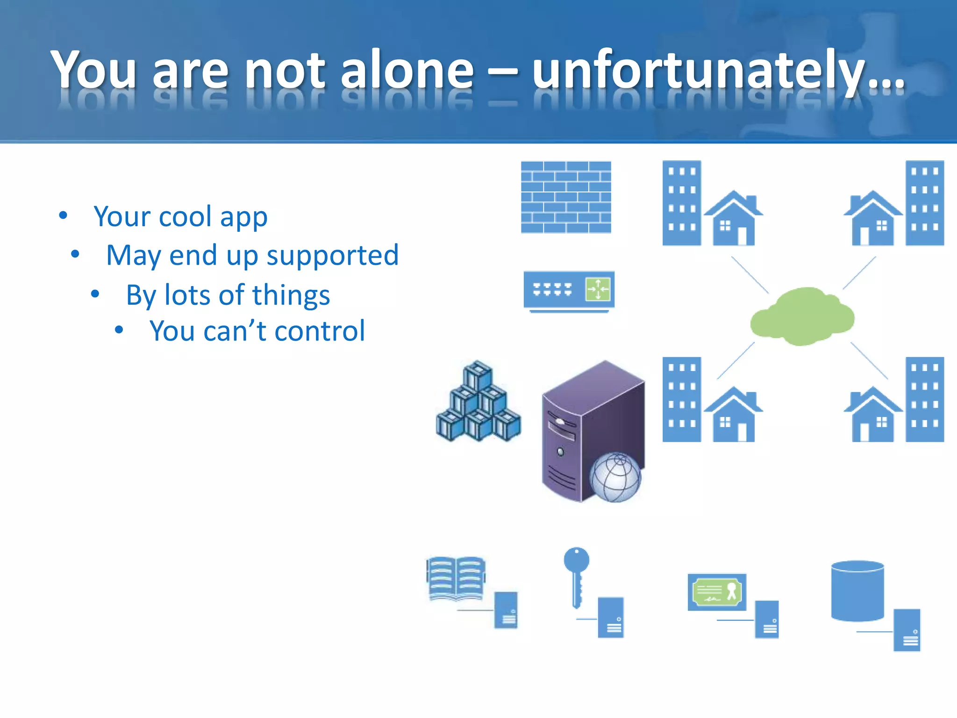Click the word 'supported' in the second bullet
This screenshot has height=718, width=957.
(x=333, y=256)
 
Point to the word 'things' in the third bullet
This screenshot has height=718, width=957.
(x=291, y=295)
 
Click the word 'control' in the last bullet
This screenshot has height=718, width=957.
(x=320, y=331)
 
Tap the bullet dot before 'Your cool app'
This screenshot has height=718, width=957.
(x=63, y=216)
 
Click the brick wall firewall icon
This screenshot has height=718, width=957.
(x=566, y=197)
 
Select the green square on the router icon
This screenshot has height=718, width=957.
(x=598, y=289)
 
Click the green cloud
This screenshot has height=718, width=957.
(x=802, y=316)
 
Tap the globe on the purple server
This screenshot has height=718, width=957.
(x=615, y=477)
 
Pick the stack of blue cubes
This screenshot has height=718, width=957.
(x=478, y=403)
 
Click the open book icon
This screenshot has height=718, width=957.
(x=456, y=578)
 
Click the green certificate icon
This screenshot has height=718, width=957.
(x=717, y=592)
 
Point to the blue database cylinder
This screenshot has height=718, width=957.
(x=857, y=591)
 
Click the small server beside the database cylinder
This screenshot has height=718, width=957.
(x=907, y=630)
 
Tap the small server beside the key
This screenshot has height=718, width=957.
(x=611, y=617)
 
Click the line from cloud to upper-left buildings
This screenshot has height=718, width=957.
(x=750, y=275)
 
